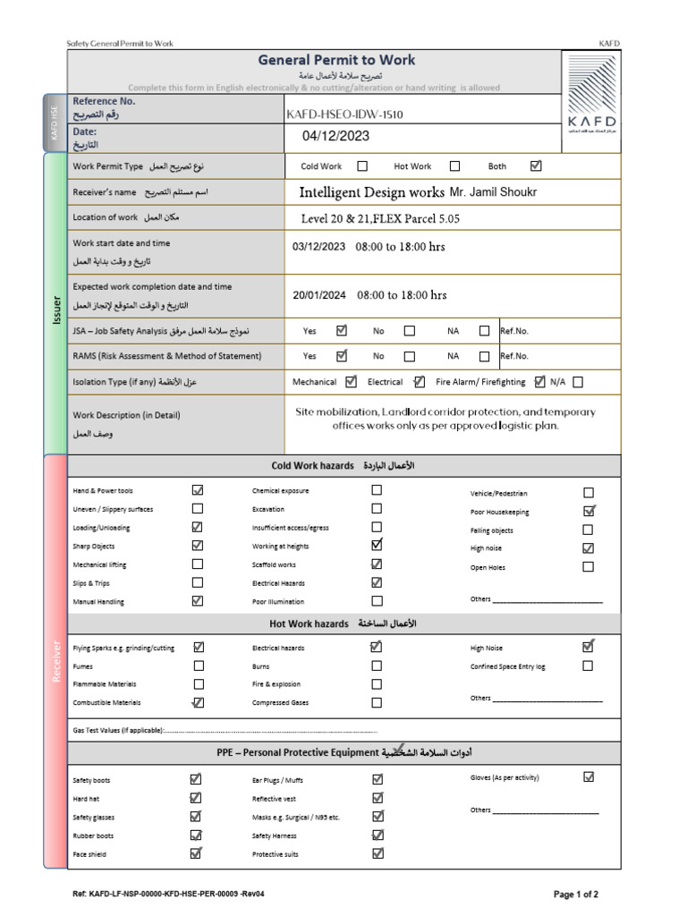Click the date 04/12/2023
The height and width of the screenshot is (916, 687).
[x=335, y=136]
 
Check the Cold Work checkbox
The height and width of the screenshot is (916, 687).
[x=362, y=165]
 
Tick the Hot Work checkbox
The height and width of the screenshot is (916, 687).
[x=454, y=165]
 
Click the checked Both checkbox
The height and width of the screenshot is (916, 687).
[x=536, y=165]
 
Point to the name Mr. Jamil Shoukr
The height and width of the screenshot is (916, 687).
[x=495, y=192]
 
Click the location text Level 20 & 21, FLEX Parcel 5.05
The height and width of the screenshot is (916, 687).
[x=381, y=218]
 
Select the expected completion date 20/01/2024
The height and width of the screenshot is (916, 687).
[x=319, y=295]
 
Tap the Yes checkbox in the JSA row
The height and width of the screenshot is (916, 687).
[x=341, y=330]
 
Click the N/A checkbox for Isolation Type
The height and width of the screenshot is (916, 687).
[x=578, y=382]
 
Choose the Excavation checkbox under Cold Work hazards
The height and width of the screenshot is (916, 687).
[x=377, y=509]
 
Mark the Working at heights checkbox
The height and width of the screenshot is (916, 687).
[x=377, y=545]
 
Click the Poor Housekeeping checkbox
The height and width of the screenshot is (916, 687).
[x=589, y=512]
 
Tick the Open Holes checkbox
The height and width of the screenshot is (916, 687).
[x=588, y=566]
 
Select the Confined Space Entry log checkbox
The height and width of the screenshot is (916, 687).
[x=588, y=666]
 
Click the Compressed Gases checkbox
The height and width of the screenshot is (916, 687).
[x=377, y=702]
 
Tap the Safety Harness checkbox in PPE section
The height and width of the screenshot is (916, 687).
[x=377, y=835]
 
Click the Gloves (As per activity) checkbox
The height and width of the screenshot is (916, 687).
[x=589, y=777]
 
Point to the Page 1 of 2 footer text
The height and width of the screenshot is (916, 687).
[x=576, y=895]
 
